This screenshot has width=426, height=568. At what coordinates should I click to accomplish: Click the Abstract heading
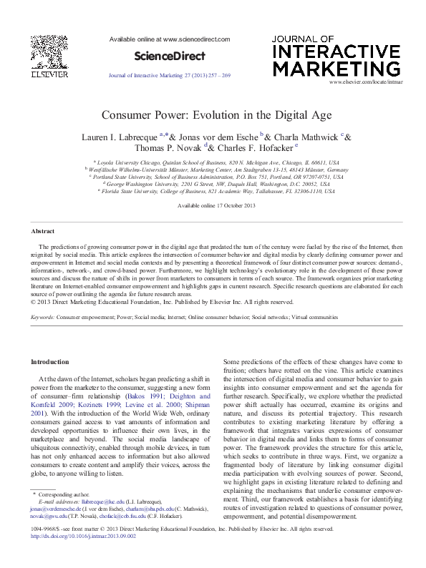pyautogui.click(x=43, y=232)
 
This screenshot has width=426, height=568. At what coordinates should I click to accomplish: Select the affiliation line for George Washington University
pyautogui.click(x=213, y=183)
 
